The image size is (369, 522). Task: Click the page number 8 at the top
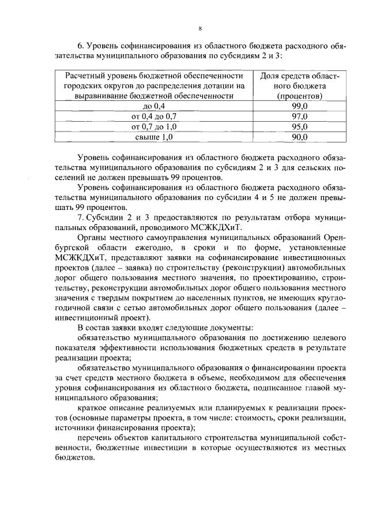[199, 28]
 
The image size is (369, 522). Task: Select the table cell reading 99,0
[299, 106]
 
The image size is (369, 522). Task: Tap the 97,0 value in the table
[299, 116]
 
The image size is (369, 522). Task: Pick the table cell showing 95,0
[299, 126]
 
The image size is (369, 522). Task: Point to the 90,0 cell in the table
[299, 137]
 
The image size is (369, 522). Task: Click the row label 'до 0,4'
[154, 106]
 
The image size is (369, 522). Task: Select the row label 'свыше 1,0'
[154, 137]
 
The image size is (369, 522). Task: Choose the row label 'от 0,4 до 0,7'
[154, 116]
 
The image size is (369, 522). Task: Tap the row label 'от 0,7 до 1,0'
[154, 126]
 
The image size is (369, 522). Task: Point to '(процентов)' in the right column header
[299, 96]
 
